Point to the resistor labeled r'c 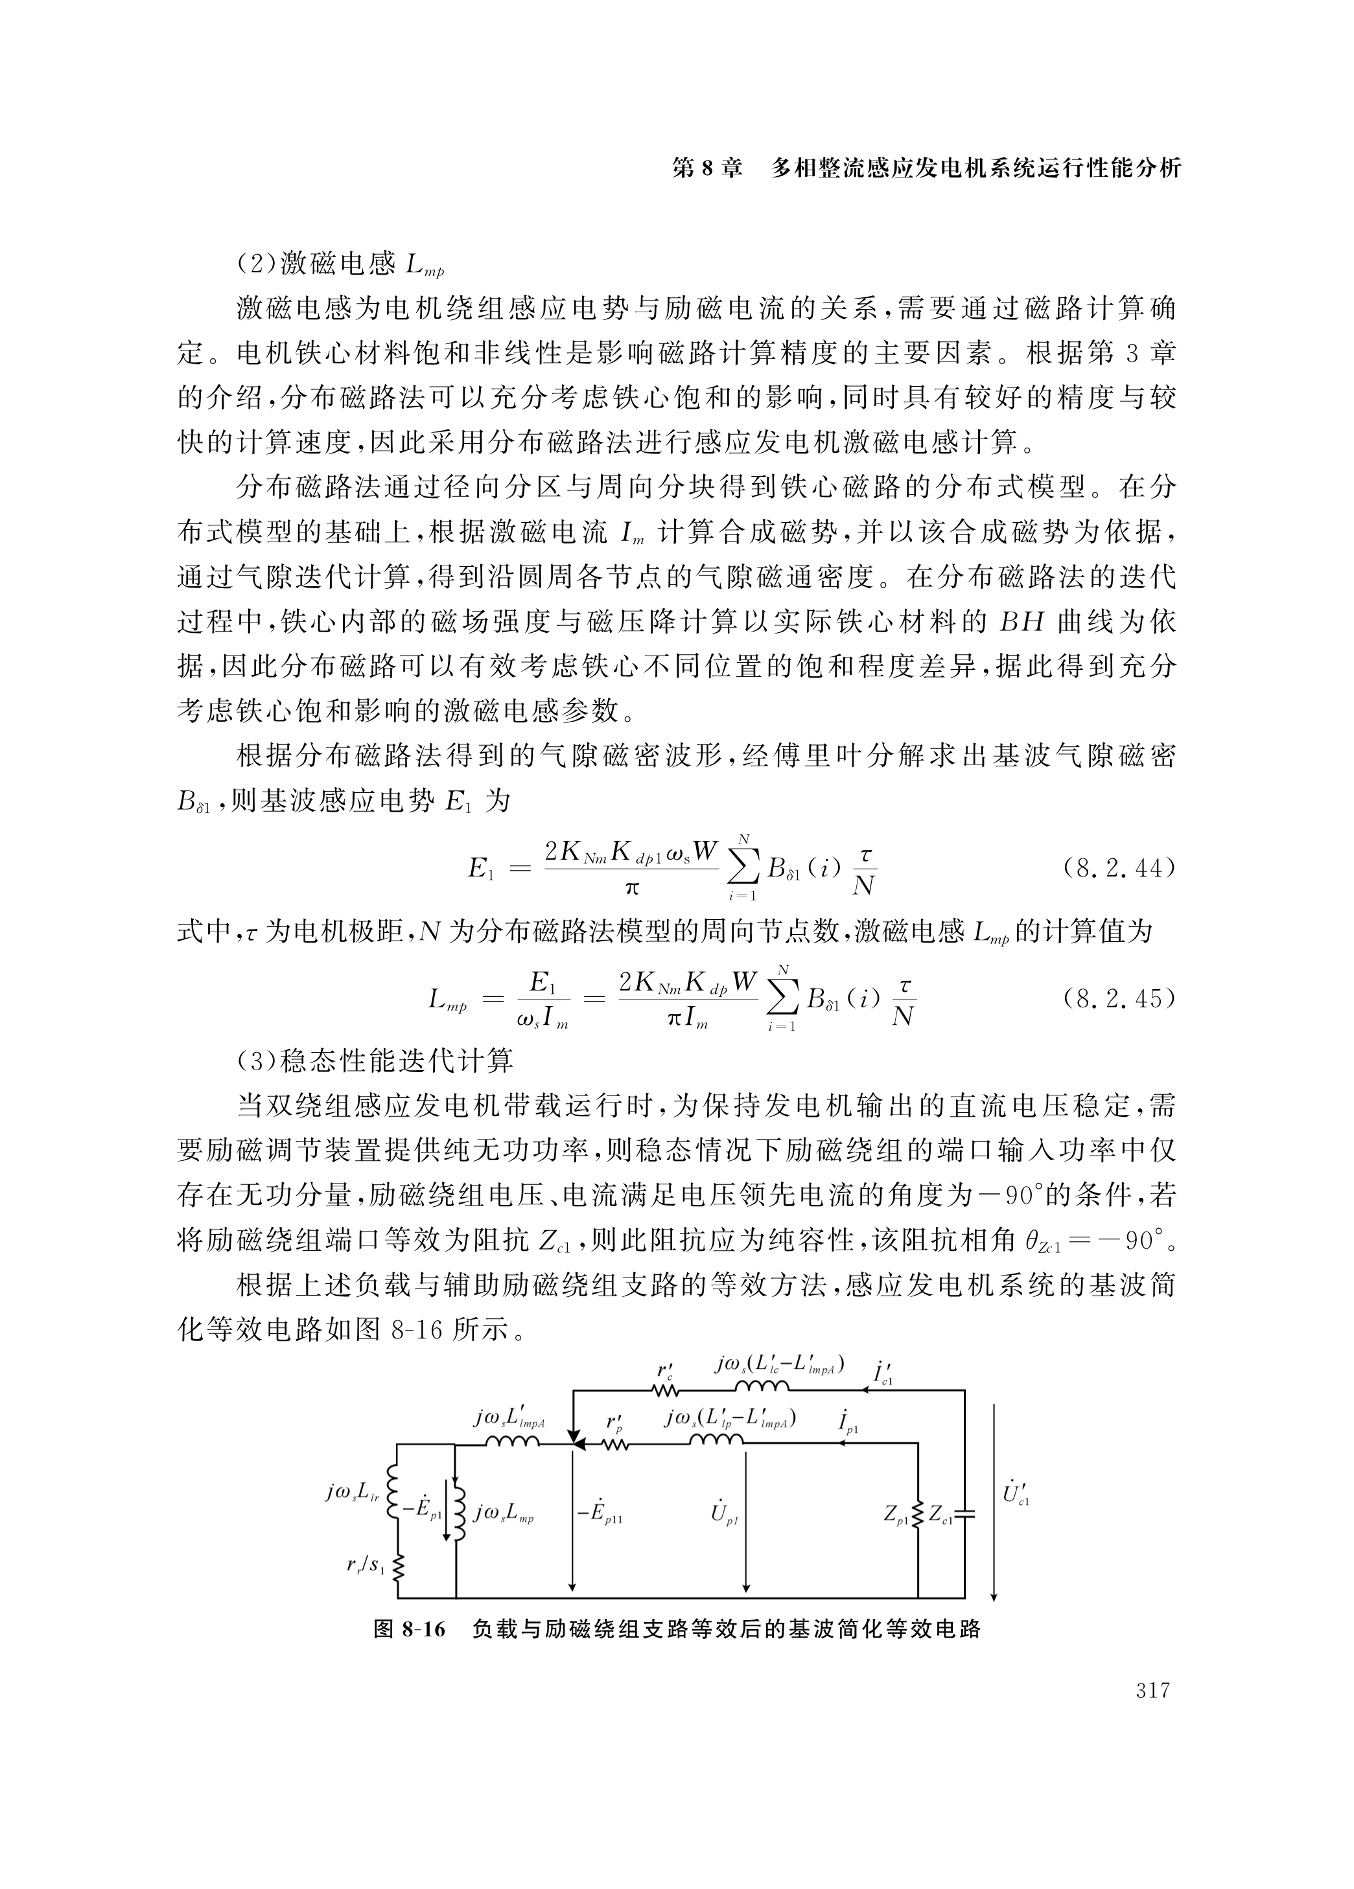[666, 1390]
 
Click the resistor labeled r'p [615, 1445]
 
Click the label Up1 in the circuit [723, 1513]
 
